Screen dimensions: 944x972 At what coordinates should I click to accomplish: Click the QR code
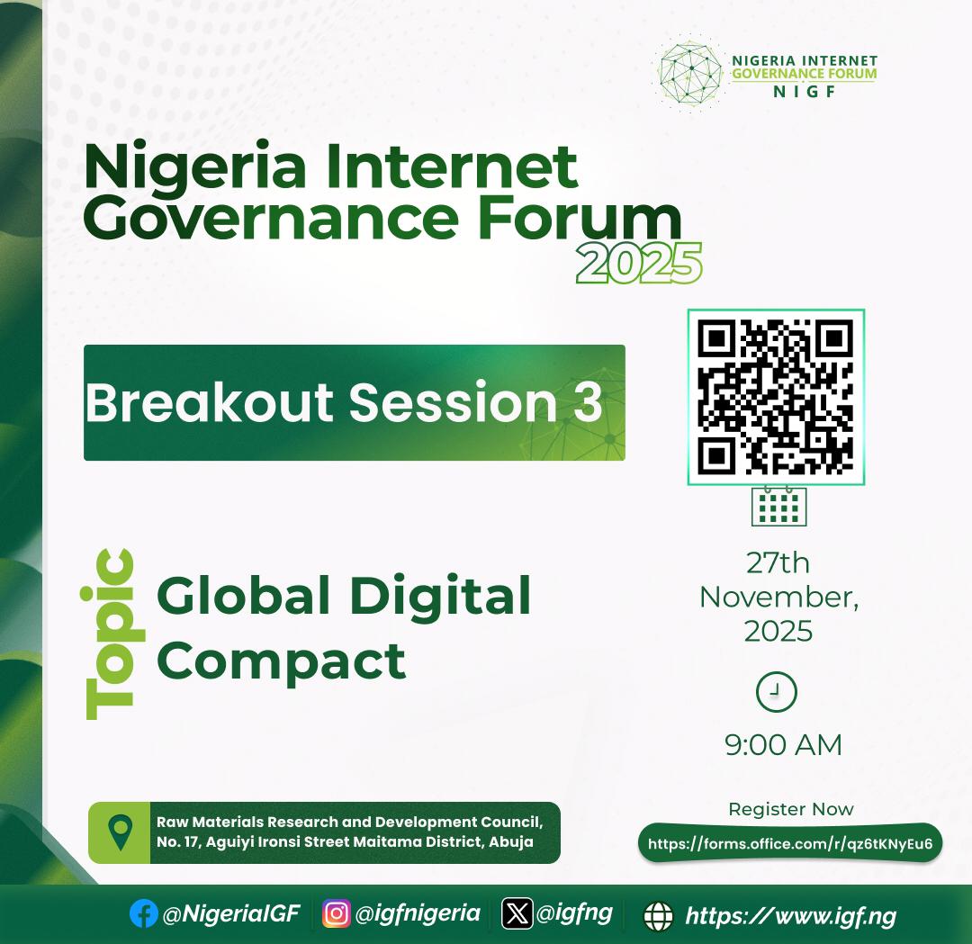tap(776, 397)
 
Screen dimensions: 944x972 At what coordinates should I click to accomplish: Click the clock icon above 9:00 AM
tap(776, 692)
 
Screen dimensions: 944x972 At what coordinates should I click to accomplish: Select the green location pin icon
tap(120, 832)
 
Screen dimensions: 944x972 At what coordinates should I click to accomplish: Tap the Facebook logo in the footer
tap(144, 914)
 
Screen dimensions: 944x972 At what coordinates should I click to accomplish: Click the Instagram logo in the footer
tap(336, 913)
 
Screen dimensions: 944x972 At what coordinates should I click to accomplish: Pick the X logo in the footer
tap(517, 913)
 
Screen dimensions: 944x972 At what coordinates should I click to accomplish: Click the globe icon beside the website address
tap(659, 916)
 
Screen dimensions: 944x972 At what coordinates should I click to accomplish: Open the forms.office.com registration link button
tap(790, 844)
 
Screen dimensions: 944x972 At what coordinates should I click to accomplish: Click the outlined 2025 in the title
tap(639, 264)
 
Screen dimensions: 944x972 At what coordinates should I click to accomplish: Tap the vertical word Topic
tap(109, 634)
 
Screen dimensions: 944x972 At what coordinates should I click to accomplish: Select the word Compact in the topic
tap(282, 661)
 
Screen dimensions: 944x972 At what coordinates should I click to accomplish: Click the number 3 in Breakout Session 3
tap(587, 402)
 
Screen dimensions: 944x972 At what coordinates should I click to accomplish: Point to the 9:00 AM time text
tap(783, 745)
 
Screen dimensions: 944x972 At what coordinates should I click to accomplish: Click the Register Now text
tap(790, 809)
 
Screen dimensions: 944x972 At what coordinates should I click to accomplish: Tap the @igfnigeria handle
tap(418, 913)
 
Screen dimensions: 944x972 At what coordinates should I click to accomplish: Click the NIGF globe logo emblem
tap(691, 73)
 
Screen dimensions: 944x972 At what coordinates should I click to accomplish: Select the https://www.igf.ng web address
tap(790, 916)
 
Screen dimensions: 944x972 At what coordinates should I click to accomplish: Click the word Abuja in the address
tap(511, 842)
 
